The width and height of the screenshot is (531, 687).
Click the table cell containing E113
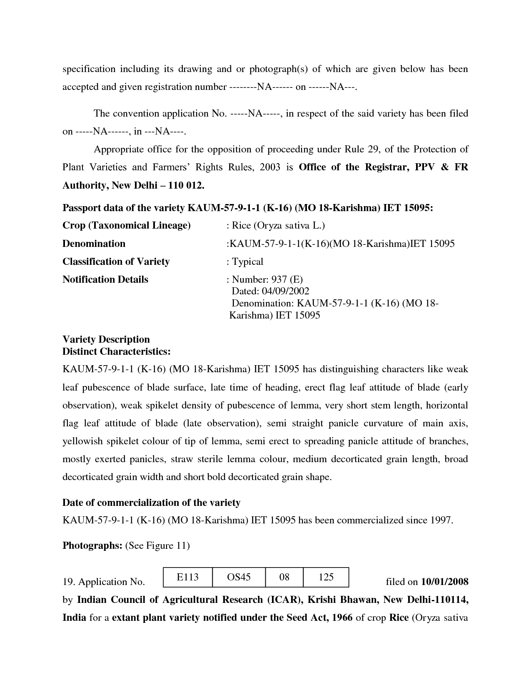click(x=187, y=577)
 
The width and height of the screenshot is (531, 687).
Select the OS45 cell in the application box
click(x=239, y=577)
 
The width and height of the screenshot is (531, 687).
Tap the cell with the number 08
click(x=284, y=577)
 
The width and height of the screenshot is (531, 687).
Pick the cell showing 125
click(x=326, y=577)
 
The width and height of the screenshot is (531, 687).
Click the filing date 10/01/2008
click(x=445, y=582)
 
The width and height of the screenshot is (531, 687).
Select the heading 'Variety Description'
click(x=106, y=339)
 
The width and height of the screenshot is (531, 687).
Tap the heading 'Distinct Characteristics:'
click(x=116, y=351)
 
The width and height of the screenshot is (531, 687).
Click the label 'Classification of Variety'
click(x=116, y=261)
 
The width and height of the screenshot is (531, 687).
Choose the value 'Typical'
click(x=247, y=261)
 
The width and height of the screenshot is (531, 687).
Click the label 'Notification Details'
click(x=105, y=279)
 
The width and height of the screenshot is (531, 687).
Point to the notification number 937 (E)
click(x=287, y=279)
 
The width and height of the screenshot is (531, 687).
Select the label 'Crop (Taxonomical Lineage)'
click(x=126, y=225)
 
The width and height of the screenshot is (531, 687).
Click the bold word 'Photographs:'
click(x=92, y=545)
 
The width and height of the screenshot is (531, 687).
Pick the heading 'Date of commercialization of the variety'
click(x=151, y=503)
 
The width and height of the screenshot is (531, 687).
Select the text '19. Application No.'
click(x=103, y=582)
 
